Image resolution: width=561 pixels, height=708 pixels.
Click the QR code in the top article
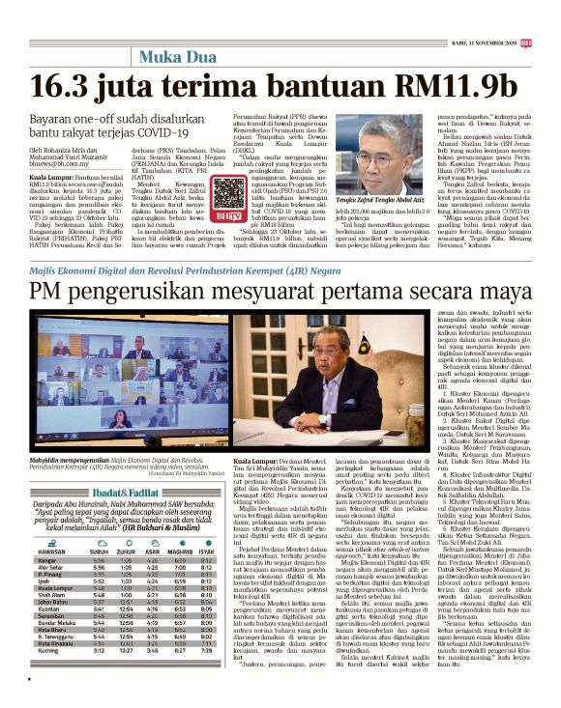point(229,193)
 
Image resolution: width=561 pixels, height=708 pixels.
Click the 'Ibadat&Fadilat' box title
point(66,491)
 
